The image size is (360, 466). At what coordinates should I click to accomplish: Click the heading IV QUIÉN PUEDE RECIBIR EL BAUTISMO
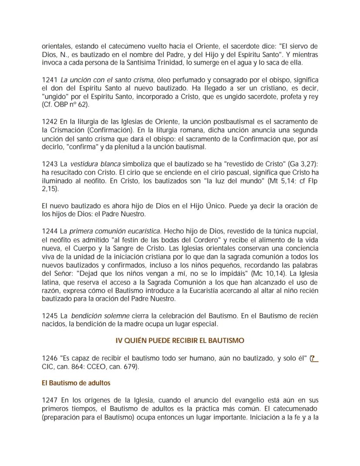[180, 340]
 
